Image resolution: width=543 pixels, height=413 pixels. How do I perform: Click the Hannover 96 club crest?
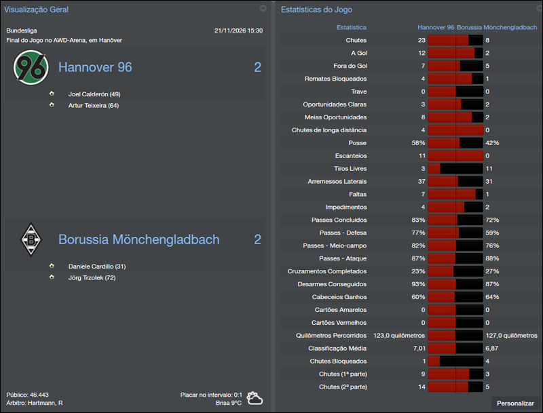coord(31,67)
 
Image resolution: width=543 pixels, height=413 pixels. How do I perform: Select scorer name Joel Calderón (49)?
coord(94,94)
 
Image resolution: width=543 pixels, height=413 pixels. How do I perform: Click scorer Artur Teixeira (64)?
coord(94,105)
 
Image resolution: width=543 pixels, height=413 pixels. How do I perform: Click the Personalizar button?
coord(515,403)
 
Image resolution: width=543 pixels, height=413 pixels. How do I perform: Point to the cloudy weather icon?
coord(255,398)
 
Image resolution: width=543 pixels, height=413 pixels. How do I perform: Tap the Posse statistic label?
coord(357,143)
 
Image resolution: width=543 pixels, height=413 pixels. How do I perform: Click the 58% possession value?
coord(418,143)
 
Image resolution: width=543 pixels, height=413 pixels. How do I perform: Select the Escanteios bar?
coord(455,156)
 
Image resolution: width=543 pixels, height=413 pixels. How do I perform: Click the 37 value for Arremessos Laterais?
coord(421,182)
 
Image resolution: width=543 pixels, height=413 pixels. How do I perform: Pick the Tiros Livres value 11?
coord(489,169)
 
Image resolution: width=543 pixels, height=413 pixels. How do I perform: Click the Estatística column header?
coord(352,28)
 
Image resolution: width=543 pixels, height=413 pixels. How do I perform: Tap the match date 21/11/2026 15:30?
coord(238,31)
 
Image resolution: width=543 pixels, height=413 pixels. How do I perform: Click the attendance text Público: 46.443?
coord(27,395)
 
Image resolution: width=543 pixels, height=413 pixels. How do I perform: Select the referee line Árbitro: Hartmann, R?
coord(35,403)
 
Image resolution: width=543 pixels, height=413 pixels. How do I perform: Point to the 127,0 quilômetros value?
coord(511,336)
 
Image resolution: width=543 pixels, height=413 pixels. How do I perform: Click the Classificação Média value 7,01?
coord(418,349)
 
